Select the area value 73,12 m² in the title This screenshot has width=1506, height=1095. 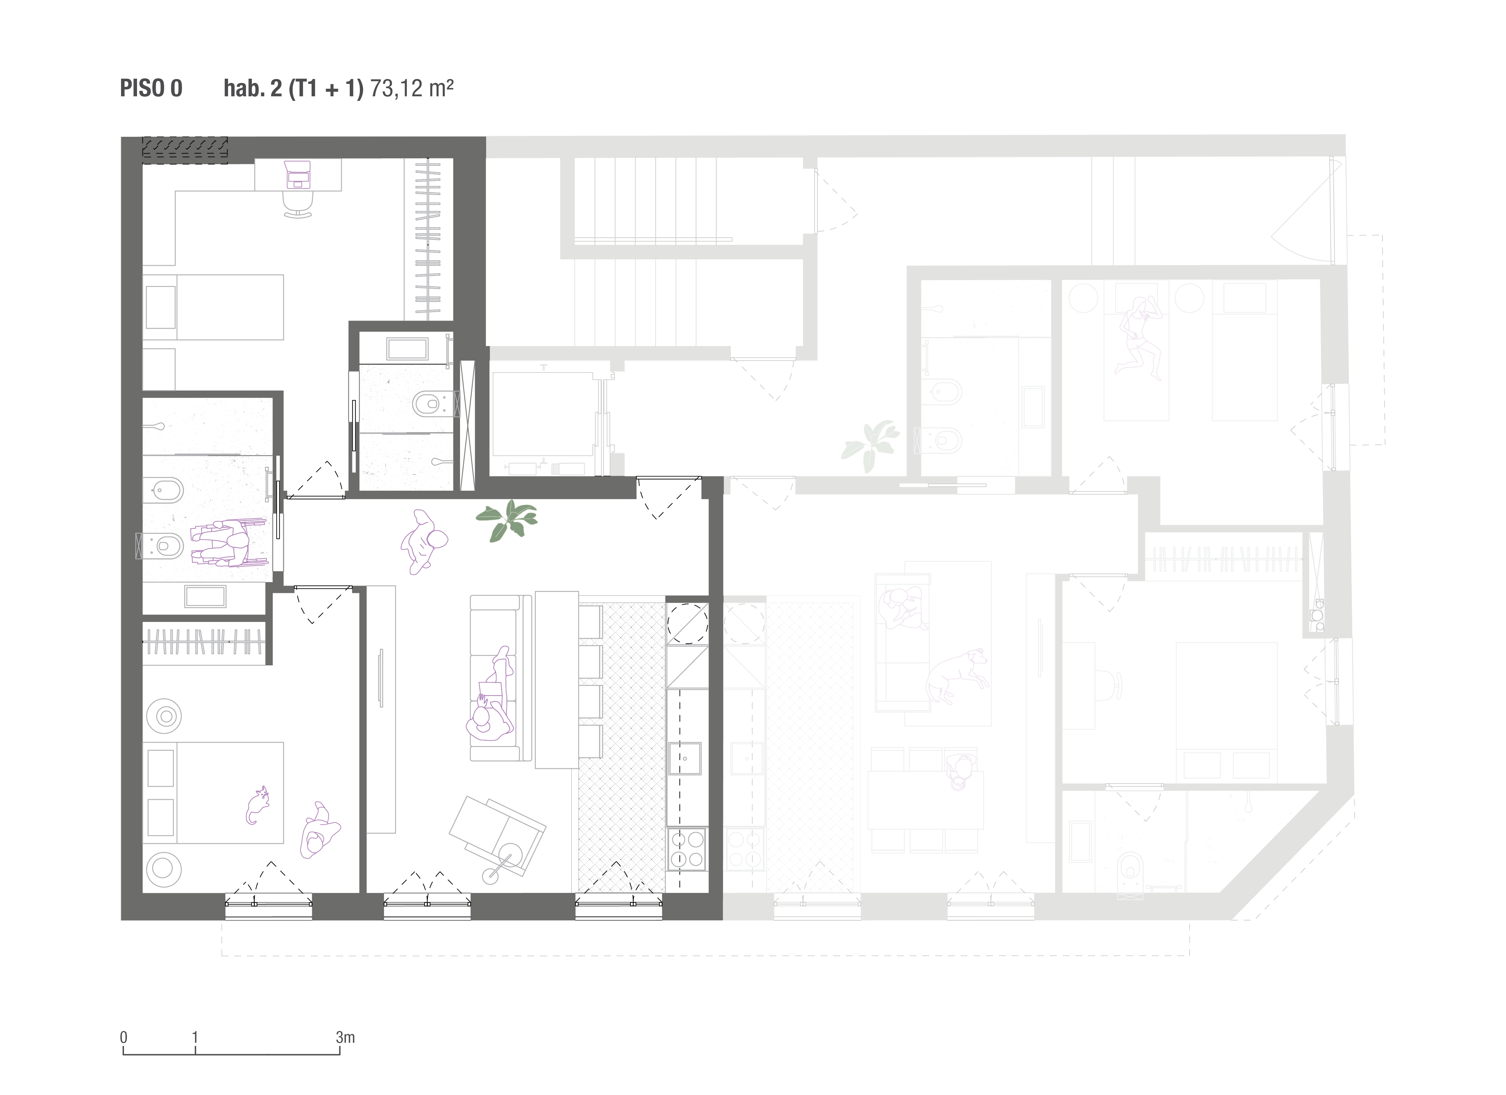point(412,88)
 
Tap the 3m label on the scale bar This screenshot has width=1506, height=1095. point(345,1037)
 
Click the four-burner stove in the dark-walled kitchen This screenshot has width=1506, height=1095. point(687,849)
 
